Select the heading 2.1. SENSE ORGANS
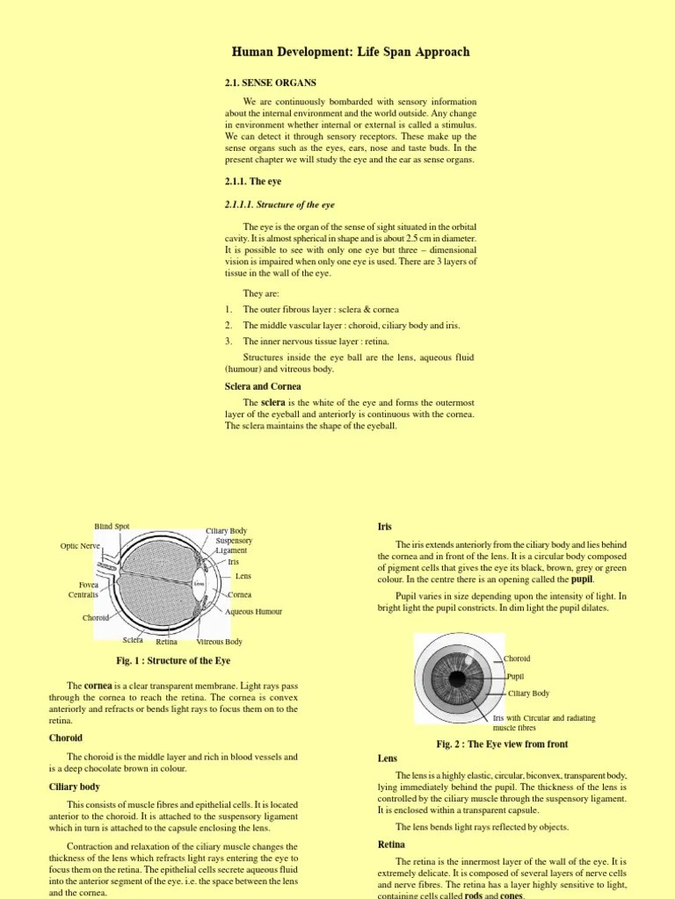click(x=271, y=83)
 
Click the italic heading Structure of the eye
click(x=279, y=205)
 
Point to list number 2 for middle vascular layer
click(x=228, y=325)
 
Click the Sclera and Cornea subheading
click(x=263, y=386)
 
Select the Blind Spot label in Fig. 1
click(x=112, y=527)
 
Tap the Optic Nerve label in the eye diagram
click(x=82, y=546)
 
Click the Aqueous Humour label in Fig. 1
click(x=254, y=612)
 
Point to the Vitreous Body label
click(x=220, y=642)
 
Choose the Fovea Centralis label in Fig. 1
click(x=83, y=589)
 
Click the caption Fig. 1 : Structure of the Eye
click(x=172, y=660)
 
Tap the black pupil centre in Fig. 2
click(x=458, y=679)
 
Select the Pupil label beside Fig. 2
click(x=516, y=676)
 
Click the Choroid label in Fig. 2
click(x=517, y=658)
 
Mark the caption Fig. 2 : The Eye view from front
click(x=502, y=744)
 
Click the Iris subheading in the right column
click(x=385, y=526)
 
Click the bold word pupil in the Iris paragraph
click(x=582, y=579)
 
